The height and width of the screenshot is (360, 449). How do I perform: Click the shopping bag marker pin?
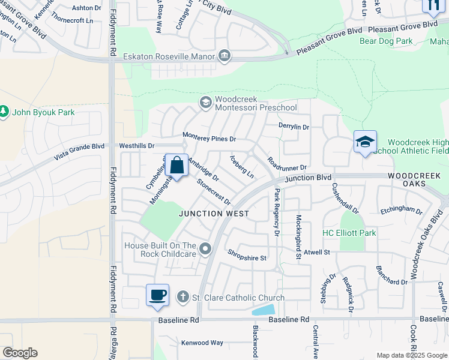[x=177, y=166]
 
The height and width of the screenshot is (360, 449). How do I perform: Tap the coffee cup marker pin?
[x=157, y=295]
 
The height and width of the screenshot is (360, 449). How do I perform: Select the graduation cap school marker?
[x=365, y=143]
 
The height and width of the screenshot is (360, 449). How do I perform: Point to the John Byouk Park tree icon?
[x=4, y=112]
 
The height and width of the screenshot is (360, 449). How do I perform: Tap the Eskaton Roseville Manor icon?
[x=224, y=56]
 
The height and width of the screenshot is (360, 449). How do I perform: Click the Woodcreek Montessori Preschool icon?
[x=205, y=103]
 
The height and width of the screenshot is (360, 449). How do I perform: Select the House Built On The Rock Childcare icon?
[x=206, y=248]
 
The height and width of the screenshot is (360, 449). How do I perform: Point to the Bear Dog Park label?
[x=386, y=41]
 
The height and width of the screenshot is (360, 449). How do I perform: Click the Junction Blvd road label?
[x=309, y=178]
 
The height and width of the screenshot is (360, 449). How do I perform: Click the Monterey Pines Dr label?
[x=209, y=138]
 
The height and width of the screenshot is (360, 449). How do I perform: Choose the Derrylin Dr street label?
[x=294, y=127]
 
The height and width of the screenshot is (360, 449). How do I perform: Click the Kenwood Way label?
[x=202, y=343]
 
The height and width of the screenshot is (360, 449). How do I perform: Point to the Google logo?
[x=20, y=353]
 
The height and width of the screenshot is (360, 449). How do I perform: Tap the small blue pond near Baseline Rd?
[x=264, y=310]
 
